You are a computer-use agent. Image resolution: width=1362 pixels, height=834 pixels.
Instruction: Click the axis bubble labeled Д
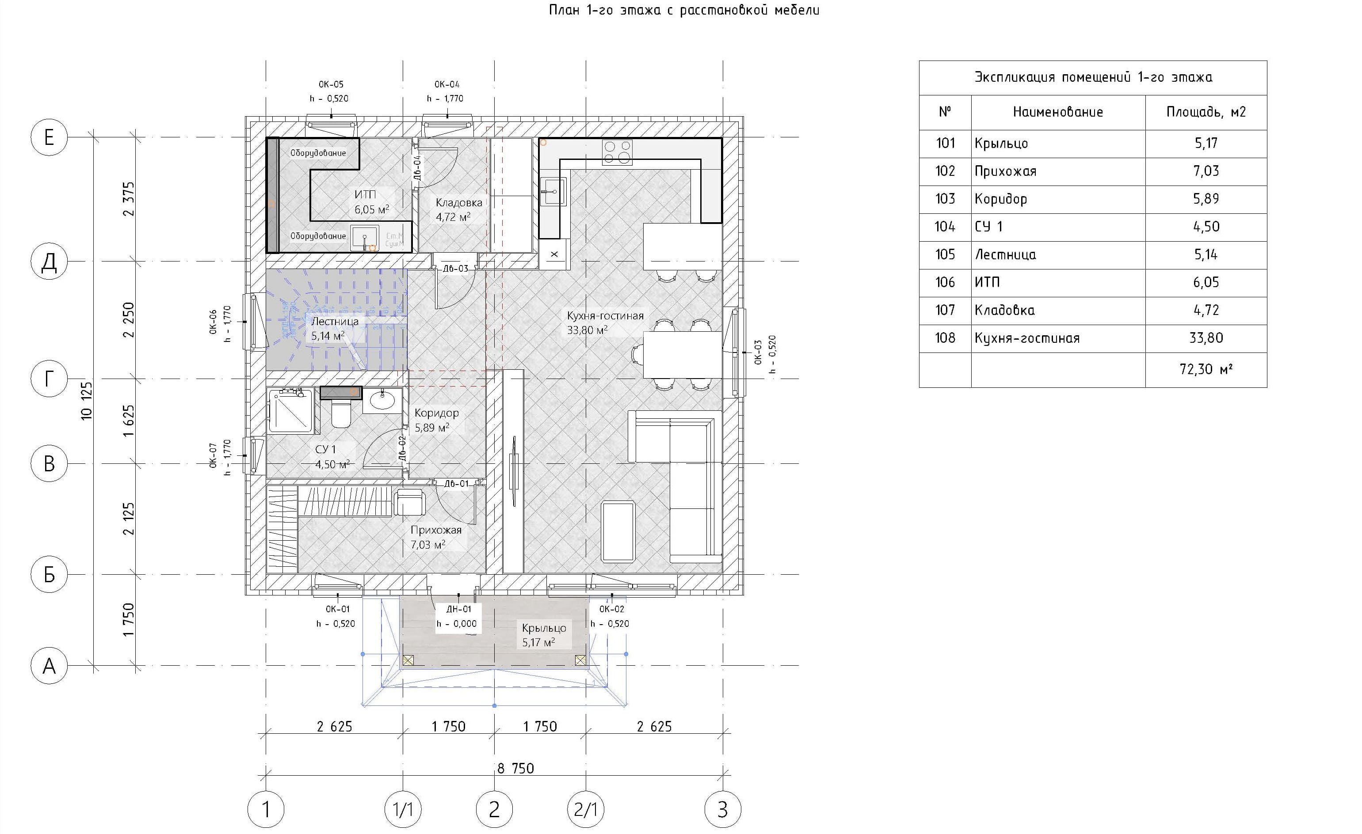coord(49,262)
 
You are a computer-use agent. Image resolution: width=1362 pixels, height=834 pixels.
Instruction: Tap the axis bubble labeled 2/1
coord(585,810)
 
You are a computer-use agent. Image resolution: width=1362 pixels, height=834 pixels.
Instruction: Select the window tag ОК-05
coord(331,84)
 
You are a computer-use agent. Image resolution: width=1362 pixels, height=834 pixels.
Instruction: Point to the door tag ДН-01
coord(459,609)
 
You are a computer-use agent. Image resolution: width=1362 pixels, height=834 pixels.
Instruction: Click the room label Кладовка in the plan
coord(459,203)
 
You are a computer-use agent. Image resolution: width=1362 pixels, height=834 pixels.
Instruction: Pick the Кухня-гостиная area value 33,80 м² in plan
coord(587,330)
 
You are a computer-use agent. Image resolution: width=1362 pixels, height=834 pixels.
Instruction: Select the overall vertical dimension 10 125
coord(86,400)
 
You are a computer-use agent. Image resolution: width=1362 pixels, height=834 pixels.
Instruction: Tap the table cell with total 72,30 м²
coord(1205,369)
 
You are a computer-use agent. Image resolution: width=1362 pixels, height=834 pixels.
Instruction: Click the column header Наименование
coord(1057,112)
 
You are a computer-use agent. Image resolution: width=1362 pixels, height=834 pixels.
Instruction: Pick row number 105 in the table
coord(945,254)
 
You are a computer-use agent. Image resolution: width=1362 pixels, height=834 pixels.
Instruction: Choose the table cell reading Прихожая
coord(1005,171)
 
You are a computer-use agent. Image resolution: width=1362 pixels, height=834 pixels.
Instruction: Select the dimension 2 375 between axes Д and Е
coord(128,199)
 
